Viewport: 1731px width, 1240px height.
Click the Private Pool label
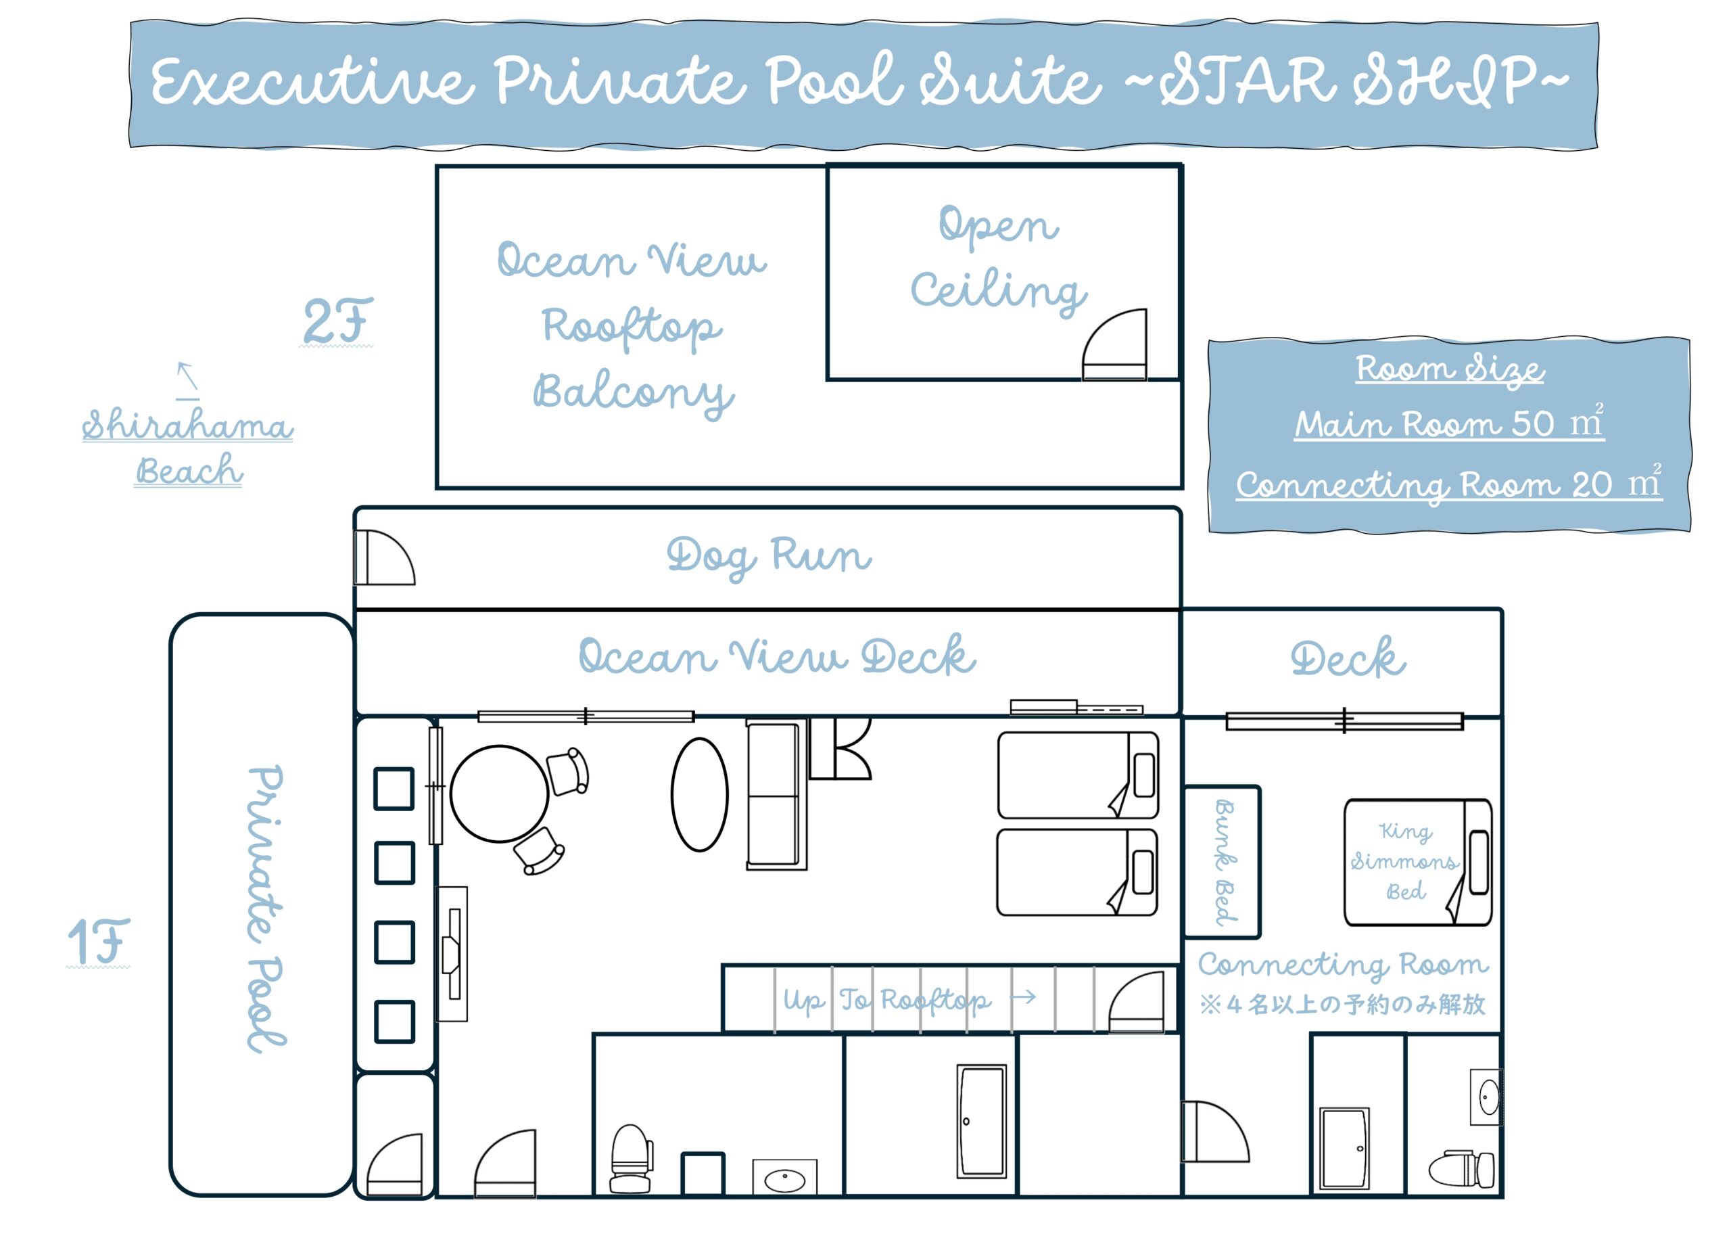(x=266, y=909)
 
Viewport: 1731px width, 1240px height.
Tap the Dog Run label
(x=769, y=557)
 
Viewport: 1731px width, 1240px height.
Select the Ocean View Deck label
(x=777, y=656)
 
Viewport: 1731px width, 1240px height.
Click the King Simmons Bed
(x=1417, y=862)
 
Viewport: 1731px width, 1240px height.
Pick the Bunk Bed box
(x=1222, y=862)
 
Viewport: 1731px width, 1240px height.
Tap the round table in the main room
(x=499, y=794)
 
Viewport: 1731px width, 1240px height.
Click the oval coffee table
(x=700, y=794)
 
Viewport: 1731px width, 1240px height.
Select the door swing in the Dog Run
(x=385, y=557)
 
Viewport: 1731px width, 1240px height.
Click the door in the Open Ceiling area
(x=1114, y=344)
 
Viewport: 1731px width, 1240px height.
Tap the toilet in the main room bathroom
(x=631, y=1159)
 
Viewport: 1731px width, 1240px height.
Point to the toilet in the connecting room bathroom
(x=1461, y=1169)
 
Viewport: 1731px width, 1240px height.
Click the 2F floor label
(x=338, y=321)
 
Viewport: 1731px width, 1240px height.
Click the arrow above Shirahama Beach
(x=188, y=375)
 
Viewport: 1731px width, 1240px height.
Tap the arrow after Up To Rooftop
(x=1023, y=997)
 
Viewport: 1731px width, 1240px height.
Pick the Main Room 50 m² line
(x=1449, y=422)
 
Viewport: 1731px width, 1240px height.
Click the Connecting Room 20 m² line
(x=1448, y=482)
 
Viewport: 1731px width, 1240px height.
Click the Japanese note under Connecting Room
(x=1342, y=1004)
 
